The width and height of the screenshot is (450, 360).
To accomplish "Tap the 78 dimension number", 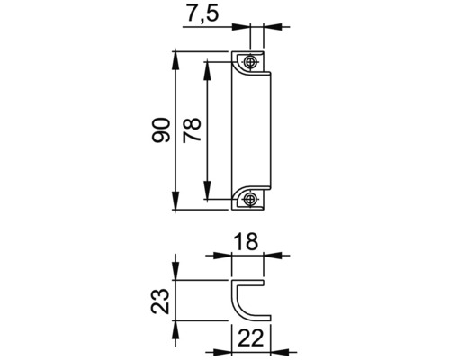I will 191,131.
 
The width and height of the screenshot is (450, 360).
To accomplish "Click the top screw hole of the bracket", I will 251,62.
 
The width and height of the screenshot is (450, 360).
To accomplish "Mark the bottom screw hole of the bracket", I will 251,199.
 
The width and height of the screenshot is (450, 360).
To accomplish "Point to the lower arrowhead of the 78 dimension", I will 209,195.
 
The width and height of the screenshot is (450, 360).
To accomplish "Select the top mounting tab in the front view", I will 251,62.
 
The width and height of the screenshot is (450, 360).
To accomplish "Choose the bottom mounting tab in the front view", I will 251,199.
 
